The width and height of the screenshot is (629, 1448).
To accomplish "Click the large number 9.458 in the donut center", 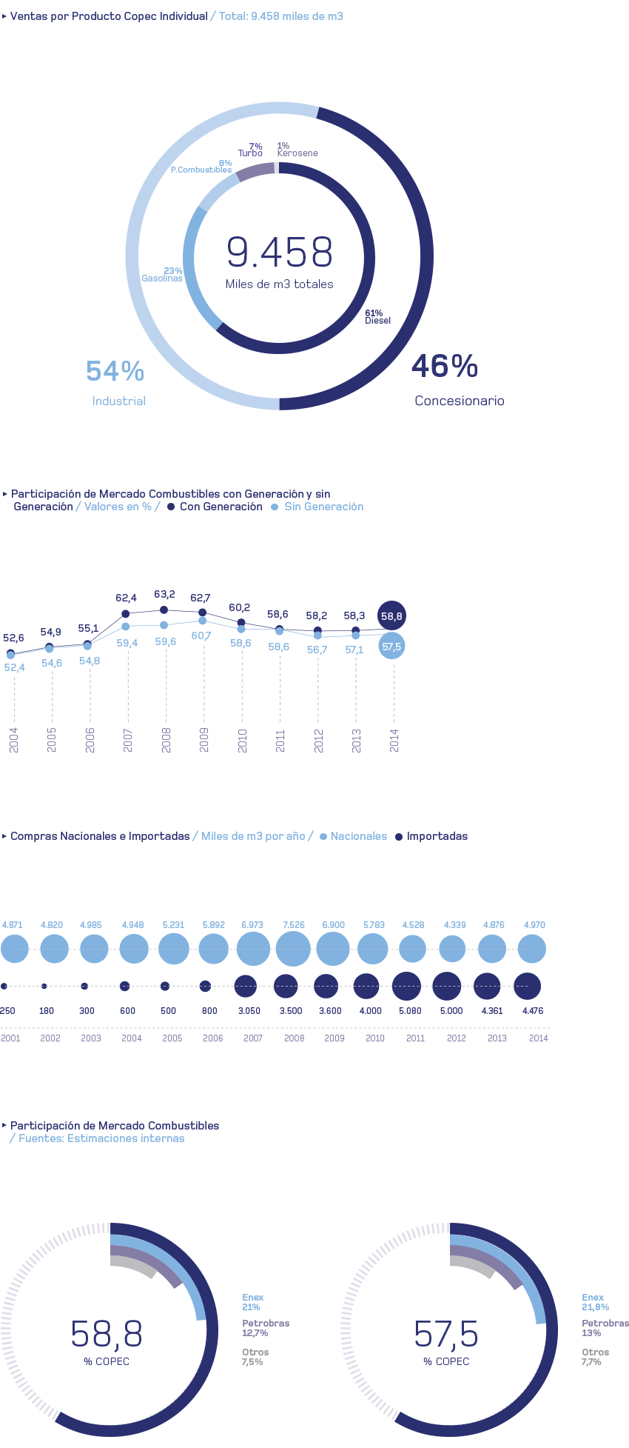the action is [x=280, y=252].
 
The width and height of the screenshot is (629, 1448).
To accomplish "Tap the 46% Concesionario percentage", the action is [x=445, y=366].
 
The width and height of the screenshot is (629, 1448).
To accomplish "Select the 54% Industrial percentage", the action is [x=115, y=371].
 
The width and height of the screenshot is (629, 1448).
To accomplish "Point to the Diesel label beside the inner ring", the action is [x=377, y=321].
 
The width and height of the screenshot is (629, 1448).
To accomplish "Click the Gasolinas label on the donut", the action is [x=162, y=278].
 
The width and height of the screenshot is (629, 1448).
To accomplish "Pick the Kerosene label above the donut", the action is [x=297, y=153].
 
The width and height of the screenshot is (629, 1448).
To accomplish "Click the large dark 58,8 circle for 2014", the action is [x=391, y=615].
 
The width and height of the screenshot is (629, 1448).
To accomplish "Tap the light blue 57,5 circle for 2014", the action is [x=391, y=647].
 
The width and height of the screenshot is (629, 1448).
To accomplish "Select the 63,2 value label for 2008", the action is [x=164, y=594].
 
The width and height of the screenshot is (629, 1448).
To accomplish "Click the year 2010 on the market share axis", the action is [x=242, y=740].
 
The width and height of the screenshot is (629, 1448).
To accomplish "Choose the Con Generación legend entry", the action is [x=215, y=507].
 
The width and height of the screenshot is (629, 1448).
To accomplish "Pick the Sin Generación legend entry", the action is [x=317, y=507].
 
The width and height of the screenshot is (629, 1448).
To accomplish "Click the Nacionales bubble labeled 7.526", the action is [x=293, y=949].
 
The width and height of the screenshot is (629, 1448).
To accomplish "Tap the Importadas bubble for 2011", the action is [x=407, y=987].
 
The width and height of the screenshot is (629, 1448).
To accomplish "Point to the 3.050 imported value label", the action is [x=249, y=1011].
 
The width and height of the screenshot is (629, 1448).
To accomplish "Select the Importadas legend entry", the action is [x=431, y=836].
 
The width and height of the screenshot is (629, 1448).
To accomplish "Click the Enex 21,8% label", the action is [x=596, y=1302].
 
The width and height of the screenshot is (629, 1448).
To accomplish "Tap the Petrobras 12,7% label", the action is [x=266, y=1328].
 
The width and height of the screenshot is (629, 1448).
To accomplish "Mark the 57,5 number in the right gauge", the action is [x=446, y=1334].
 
